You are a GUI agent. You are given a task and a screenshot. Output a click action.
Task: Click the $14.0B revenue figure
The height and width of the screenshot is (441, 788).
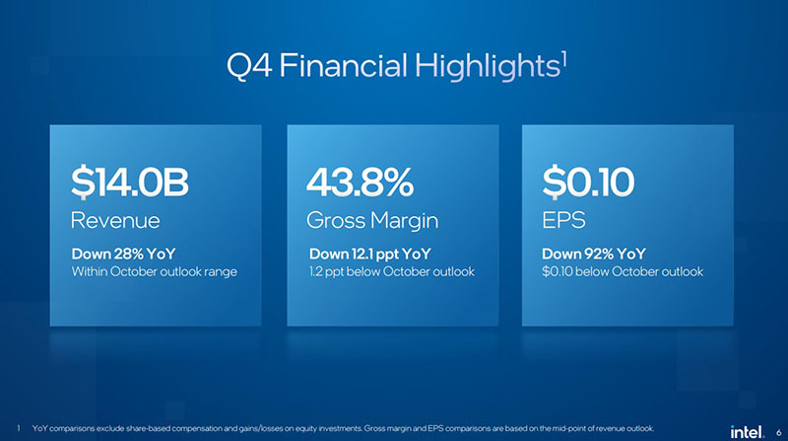coord(130,183)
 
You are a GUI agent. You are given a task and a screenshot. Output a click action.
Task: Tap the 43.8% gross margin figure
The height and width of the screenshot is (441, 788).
coord(360,183)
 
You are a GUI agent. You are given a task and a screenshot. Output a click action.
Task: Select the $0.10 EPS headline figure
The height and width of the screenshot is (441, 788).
coord(588,183)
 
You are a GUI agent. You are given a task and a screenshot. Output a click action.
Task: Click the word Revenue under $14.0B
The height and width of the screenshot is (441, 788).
coord(115,221)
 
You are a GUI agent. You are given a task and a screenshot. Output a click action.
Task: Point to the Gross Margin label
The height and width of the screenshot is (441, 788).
coord(372,221)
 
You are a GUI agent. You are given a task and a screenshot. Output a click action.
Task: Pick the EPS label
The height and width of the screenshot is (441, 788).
coord(563,221)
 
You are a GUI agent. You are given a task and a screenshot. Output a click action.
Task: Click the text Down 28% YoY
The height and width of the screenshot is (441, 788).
coord(124,254)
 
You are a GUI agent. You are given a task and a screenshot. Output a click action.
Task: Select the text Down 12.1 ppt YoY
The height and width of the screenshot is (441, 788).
coord(370,254)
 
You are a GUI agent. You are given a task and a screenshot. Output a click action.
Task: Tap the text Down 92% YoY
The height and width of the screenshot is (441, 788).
coord(594,254)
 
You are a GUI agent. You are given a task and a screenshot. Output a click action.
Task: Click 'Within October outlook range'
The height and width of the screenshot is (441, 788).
coord(155,272)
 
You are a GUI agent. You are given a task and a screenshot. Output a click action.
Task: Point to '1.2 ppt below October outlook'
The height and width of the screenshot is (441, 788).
coord(392,272)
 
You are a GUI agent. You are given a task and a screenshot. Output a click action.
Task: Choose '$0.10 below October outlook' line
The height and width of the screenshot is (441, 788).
coord(623,272)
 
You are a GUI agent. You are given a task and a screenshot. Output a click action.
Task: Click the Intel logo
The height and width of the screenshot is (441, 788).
coord(747,431)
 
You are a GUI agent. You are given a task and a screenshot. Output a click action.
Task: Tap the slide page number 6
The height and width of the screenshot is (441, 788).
coord(778,432)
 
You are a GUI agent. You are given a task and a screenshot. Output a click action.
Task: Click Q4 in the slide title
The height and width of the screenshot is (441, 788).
coord(249,66)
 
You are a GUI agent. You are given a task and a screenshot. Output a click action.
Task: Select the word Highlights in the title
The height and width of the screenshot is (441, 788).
coord(488,66)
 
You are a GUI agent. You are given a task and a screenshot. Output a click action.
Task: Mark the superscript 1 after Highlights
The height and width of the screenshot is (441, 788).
coord(564,59)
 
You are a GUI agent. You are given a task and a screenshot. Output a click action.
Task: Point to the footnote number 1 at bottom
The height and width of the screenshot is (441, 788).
coord(19,428)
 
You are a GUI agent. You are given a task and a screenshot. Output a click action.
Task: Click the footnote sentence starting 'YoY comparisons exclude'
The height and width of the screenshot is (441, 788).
coord(343,428)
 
